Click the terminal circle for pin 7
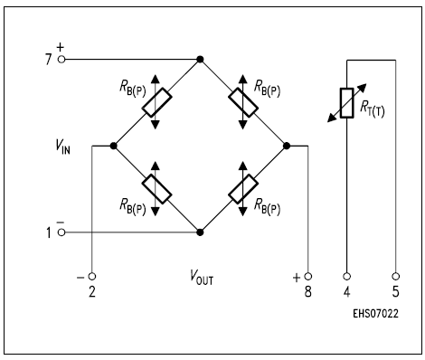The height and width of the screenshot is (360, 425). (61, 60)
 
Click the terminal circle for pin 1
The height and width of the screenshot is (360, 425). (61, 232)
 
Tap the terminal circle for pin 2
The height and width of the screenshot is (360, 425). (91, 276)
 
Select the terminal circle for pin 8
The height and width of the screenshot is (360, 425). (307, 276)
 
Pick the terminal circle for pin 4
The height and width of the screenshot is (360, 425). (346, 276)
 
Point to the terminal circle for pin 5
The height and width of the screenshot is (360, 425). (396, 276)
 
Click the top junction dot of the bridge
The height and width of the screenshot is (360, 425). (200, 60)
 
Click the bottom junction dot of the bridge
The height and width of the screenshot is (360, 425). (200, 232)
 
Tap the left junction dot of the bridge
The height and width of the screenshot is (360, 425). (114, 146)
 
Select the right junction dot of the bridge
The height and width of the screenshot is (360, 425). (286, 146)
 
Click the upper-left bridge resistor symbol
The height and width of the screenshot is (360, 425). (156, 102)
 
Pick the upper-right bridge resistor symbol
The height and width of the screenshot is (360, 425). (242, 102)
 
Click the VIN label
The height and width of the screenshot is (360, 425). (61, 147)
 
